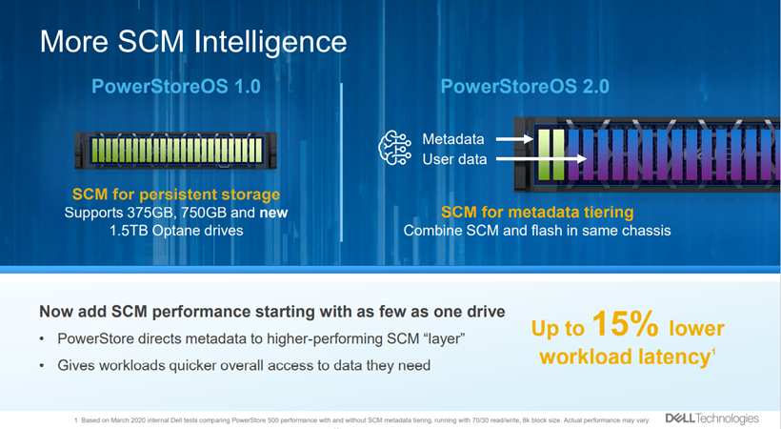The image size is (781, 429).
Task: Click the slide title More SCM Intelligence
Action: (193, 42)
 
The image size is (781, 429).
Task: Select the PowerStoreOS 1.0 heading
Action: (176, 87)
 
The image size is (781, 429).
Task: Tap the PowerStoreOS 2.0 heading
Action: (525, 87)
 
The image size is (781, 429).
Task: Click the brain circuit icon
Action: (395, 148)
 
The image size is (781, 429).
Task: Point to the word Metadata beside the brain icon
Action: (453, 138)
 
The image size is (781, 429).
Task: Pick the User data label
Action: (454, 159)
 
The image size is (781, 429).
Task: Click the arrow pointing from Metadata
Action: (514, 139)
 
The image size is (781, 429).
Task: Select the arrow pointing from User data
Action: (541, 159)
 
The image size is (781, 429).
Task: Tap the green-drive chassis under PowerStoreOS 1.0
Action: (176, 151)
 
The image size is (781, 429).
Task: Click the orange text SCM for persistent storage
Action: (176, 194)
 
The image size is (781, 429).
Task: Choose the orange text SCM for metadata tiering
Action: (537, 212)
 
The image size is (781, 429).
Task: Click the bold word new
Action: (273, 213)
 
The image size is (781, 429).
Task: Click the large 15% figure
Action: (626, 324)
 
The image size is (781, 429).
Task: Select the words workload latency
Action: (625, 357)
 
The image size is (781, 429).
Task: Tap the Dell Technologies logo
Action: (712, 419)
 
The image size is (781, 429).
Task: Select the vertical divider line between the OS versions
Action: (341, 163)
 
